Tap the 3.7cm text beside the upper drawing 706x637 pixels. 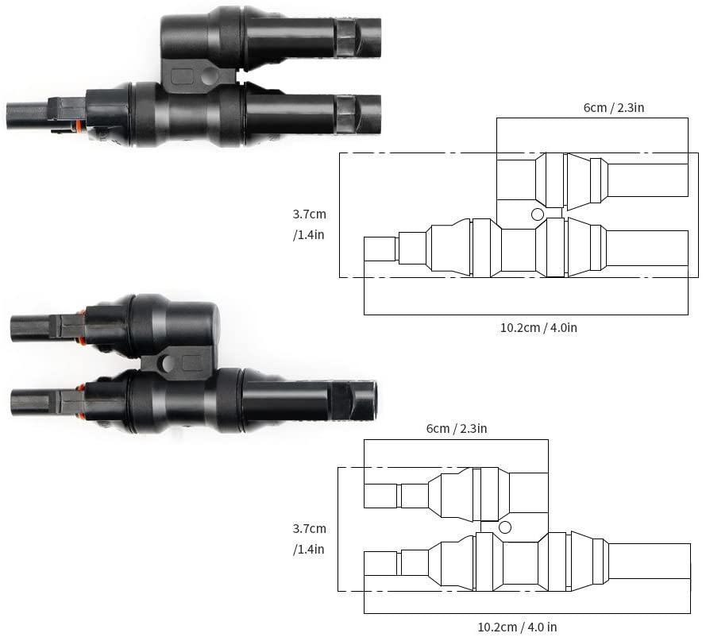coord(309,214)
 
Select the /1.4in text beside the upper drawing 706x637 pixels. coord(309,235)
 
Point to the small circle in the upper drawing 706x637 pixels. coord(538,214)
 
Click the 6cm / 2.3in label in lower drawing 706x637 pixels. coord(457,429)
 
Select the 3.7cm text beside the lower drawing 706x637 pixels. coord(309,528)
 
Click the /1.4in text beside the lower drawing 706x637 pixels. coord(309,549)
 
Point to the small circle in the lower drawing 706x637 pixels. coord(505,527)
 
